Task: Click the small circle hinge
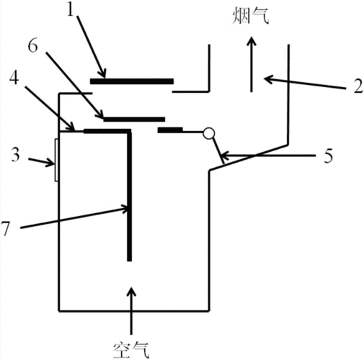(x=209, y=133)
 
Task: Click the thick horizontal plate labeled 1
(x=132, y=81)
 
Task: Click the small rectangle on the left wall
(x=56, y=161)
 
